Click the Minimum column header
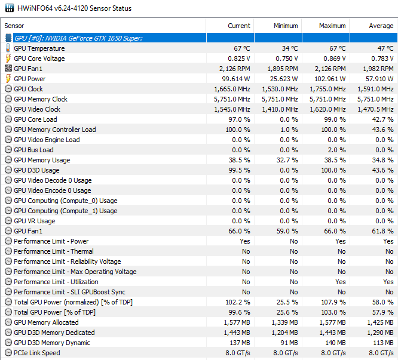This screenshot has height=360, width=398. [286, 26]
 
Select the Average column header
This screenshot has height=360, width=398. [381, 26]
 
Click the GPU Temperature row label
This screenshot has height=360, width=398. [39, 48]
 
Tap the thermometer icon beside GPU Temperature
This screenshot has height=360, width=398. [8, 48]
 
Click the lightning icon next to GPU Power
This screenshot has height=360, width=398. [8, 79]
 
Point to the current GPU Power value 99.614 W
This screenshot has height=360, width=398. [236, 79]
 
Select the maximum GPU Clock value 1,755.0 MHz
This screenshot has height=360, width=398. [327, 89]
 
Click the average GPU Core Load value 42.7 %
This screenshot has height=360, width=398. [382, 119]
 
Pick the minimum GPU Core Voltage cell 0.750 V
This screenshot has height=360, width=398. [287, 59]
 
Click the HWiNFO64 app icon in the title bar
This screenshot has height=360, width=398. [10, 8]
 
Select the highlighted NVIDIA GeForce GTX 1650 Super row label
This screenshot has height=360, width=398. [78, 38]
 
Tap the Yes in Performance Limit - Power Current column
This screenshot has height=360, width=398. [244, 241]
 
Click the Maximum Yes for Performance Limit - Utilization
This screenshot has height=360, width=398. [341, 282]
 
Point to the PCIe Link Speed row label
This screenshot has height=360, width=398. [37, 353]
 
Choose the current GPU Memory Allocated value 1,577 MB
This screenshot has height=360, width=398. [237, 322]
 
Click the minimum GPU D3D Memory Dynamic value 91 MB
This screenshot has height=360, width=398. [289, 343]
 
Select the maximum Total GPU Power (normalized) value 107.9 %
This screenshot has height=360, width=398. [333, 302]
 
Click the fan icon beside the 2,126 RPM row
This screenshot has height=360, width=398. [8, 68]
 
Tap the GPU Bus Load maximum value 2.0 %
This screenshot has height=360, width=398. [336, 150]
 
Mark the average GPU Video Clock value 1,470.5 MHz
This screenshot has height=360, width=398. [375, 109]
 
